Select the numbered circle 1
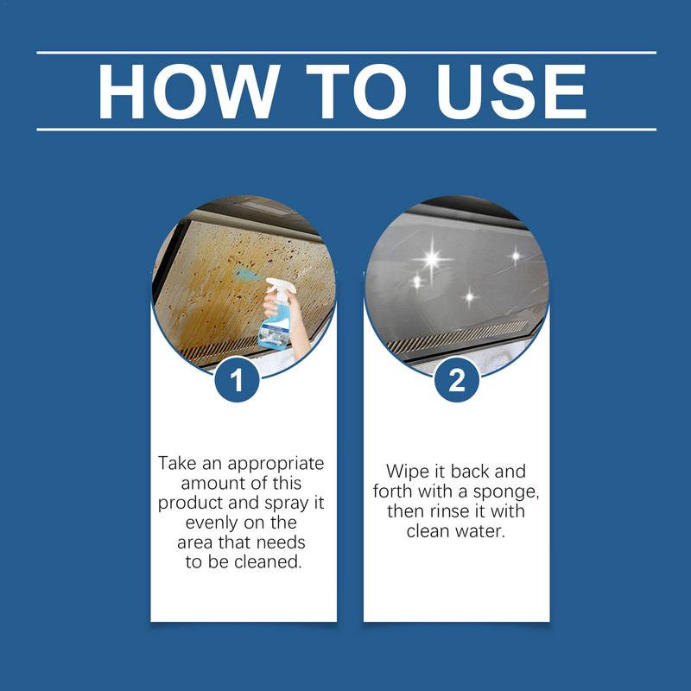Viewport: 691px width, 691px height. click(244, 379)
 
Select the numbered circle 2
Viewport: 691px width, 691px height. click(456, 379)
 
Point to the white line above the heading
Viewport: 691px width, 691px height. click(345, 53)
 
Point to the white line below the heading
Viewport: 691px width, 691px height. click(345, 130)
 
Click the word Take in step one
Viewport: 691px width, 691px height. click(175, 464)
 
